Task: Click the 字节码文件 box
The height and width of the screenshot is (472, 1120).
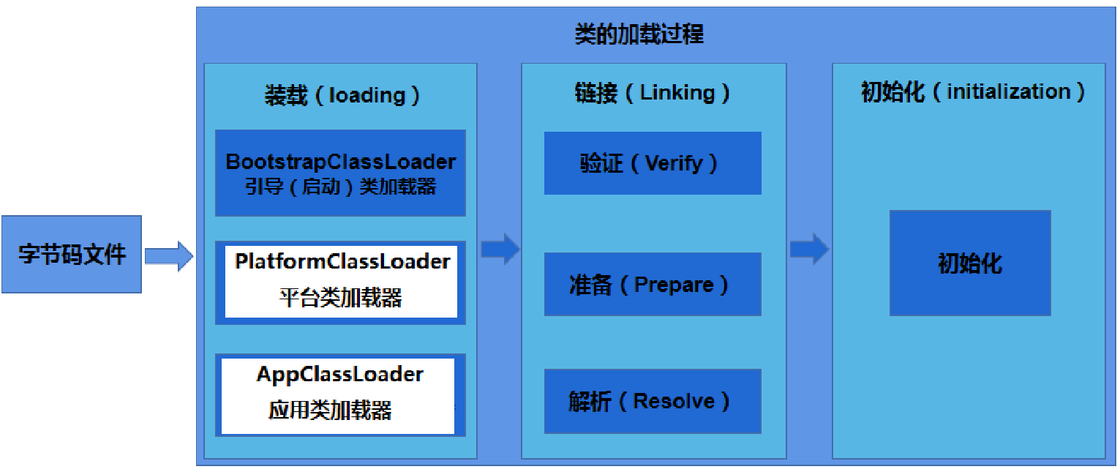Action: coord(71,254)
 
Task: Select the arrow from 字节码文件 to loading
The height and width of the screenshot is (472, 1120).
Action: coord(168,255)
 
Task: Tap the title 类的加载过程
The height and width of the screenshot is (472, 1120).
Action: coord(639,34)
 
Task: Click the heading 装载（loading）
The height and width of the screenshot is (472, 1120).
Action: coord(342,95)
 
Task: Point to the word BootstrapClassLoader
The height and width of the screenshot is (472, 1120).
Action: coord(340,162)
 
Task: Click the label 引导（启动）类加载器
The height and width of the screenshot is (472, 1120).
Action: coord(340,187)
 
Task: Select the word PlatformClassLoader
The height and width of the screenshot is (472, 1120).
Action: coord(342,261)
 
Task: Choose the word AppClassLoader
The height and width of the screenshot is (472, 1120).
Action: coord(339,375)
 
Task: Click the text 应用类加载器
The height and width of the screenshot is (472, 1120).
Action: coord(330,410)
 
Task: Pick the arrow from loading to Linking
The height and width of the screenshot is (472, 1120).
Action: coord(500,249)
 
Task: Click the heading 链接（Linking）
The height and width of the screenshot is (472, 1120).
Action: coord(652,93)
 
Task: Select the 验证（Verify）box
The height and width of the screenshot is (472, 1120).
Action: coord(653,163)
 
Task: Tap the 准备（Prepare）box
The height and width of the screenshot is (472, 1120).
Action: coord(653,284)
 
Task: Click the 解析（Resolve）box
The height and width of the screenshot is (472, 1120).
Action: coord(653,401)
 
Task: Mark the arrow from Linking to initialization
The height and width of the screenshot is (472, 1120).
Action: coord(809,249)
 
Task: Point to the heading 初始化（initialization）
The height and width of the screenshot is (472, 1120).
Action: coord(972,92)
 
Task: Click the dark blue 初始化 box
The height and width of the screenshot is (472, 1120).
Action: coord(970,263)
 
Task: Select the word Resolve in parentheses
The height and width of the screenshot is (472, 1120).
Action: coord(673,401)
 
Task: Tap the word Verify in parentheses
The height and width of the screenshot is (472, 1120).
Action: coord(673,163)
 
